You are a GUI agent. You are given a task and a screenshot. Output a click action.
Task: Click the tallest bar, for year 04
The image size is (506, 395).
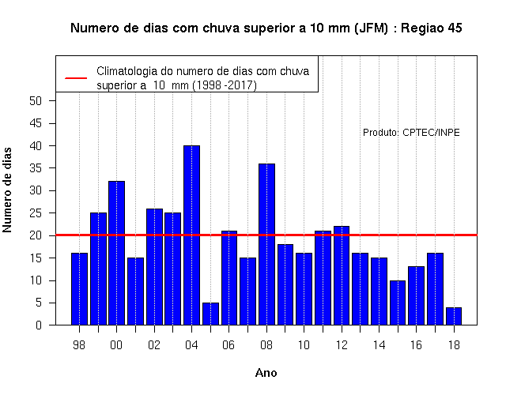coord(191,235)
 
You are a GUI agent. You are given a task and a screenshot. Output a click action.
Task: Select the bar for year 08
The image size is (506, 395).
coord(267,244)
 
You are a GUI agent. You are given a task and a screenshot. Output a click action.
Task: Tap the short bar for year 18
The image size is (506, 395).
coord(454,316)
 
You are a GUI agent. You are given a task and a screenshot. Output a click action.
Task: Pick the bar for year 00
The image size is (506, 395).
coord(116,253)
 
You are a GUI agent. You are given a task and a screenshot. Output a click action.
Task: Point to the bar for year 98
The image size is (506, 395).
coord(79,289)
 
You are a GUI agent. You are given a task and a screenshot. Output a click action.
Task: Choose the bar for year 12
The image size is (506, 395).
coord(342,276)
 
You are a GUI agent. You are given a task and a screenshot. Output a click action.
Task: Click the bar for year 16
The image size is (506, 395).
coord(417,295)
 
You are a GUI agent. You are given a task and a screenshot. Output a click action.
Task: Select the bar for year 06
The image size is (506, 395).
coord(229,277)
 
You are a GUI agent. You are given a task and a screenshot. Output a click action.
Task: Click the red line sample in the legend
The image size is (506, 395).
coord(76,78)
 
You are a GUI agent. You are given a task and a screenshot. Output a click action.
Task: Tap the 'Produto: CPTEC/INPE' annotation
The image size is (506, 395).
coord(411,133)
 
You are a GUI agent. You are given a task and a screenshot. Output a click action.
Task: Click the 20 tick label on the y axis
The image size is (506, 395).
coord(36,235)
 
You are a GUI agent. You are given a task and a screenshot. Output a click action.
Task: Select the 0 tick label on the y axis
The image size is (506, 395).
coord(39,325)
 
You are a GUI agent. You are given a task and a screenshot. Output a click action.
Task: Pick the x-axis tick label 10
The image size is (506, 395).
coord(304,345)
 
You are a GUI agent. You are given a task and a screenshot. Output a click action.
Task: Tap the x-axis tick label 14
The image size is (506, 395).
coord(379,345)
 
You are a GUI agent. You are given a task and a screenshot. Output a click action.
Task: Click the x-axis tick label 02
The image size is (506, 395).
coord(154,345)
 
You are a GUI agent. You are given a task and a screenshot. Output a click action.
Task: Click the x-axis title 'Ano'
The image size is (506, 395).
coord(266,373)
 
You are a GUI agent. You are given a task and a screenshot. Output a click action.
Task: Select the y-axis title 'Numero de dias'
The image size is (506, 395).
coord(7,190)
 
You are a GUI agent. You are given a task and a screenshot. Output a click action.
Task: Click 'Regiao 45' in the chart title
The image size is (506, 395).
coord(432,28)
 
